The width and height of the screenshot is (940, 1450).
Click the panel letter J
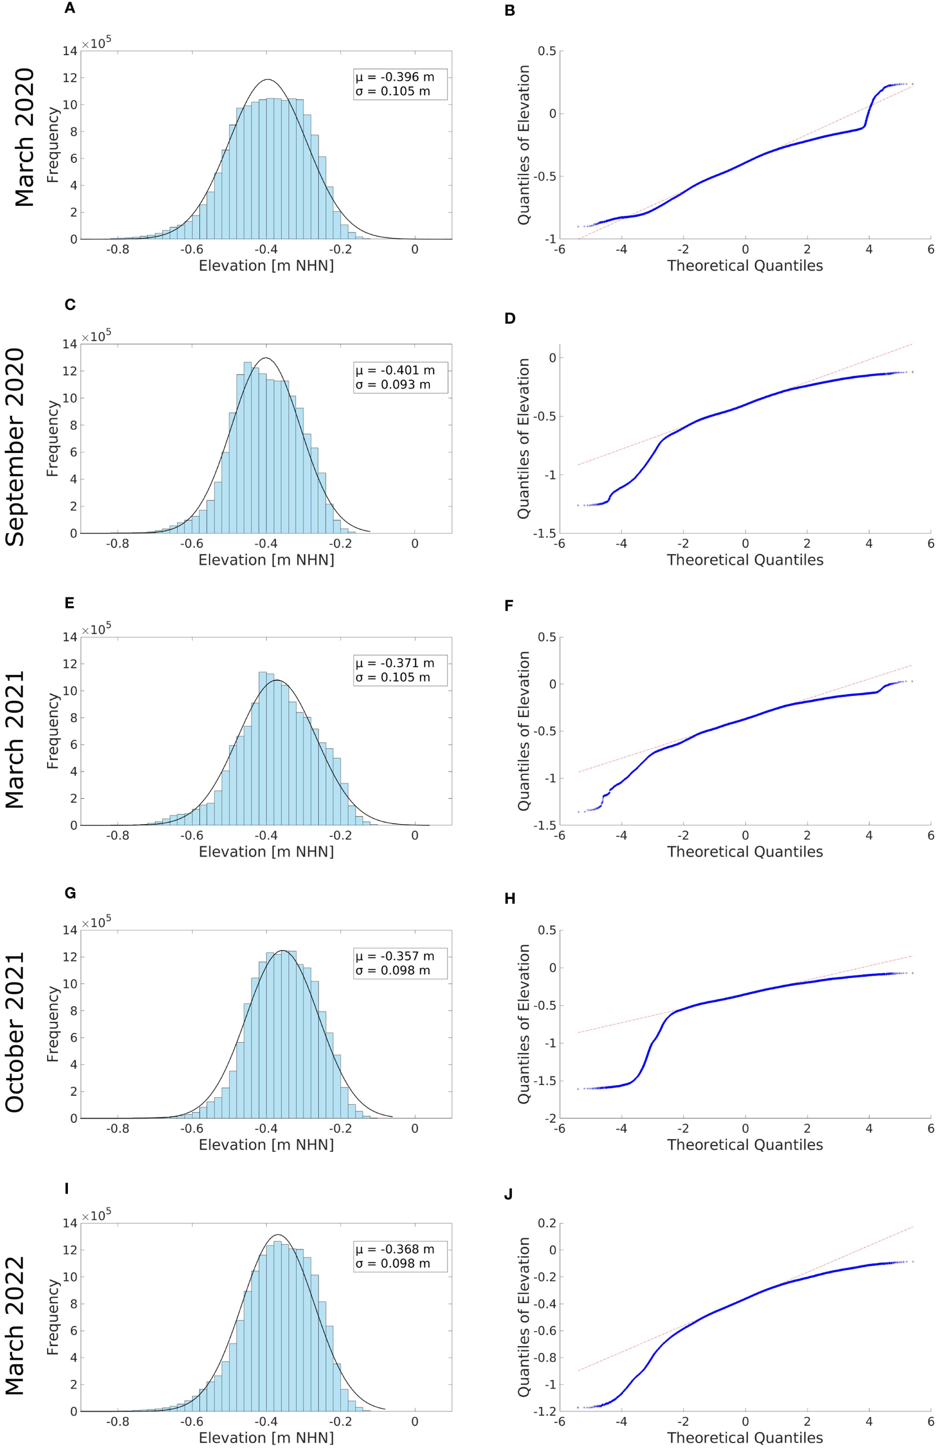click(509, 1195)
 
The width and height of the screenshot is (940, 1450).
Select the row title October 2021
click(15, 1031)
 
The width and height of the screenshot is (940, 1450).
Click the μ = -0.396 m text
click(395, 77)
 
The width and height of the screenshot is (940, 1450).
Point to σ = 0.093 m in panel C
click(393, 385)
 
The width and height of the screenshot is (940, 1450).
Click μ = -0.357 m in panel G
click(395, 956)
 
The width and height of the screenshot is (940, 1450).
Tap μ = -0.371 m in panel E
click(395, 663)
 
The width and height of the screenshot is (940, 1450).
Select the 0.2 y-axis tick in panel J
click(547, 1223)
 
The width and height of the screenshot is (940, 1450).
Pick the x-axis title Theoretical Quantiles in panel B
click(745, 266)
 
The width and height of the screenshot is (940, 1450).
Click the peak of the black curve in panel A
click(267, 80)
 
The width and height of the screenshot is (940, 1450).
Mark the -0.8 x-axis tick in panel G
click(117, 1128)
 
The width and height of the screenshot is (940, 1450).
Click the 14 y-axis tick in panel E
click(70, 637)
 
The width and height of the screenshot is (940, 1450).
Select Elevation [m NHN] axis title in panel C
click(266, 559)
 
